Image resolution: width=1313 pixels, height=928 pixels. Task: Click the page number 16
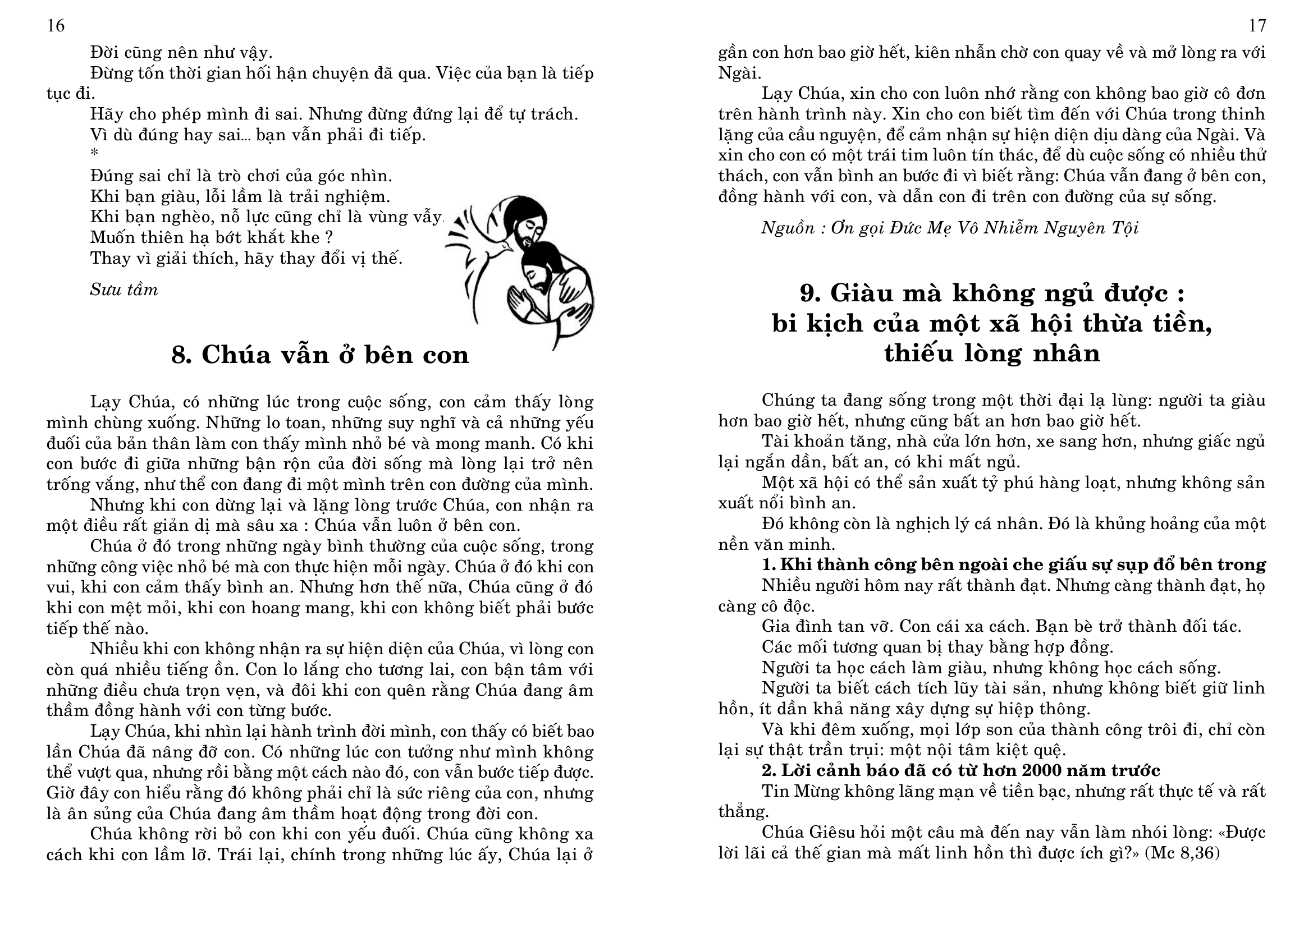[x=56, y=26]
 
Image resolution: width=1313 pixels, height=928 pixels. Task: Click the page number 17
[x=1257, y=26]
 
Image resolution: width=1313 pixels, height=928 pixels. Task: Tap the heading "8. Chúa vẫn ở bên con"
[x=319, y=355]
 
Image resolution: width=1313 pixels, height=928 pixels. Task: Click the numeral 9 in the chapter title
[x=808, y=293]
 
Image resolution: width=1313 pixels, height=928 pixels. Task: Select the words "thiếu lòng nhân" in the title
[x=991, y=352]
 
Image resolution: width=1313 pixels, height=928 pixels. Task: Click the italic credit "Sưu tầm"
[x=123, y=290]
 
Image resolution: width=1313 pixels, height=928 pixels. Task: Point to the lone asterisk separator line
[x=94, y=153]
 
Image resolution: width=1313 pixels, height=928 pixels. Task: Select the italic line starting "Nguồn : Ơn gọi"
[x=949, y=228]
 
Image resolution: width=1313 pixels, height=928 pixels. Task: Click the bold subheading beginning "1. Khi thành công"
[x=1013, y=564]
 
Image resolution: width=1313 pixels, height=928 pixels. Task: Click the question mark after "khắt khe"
[x=329, y=237]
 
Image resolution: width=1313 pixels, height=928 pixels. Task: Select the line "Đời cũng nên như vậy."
[x=181, y=53]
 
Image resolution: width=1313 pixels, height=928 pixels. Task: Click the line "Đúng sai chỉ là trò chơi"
[x=241, y=176]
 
